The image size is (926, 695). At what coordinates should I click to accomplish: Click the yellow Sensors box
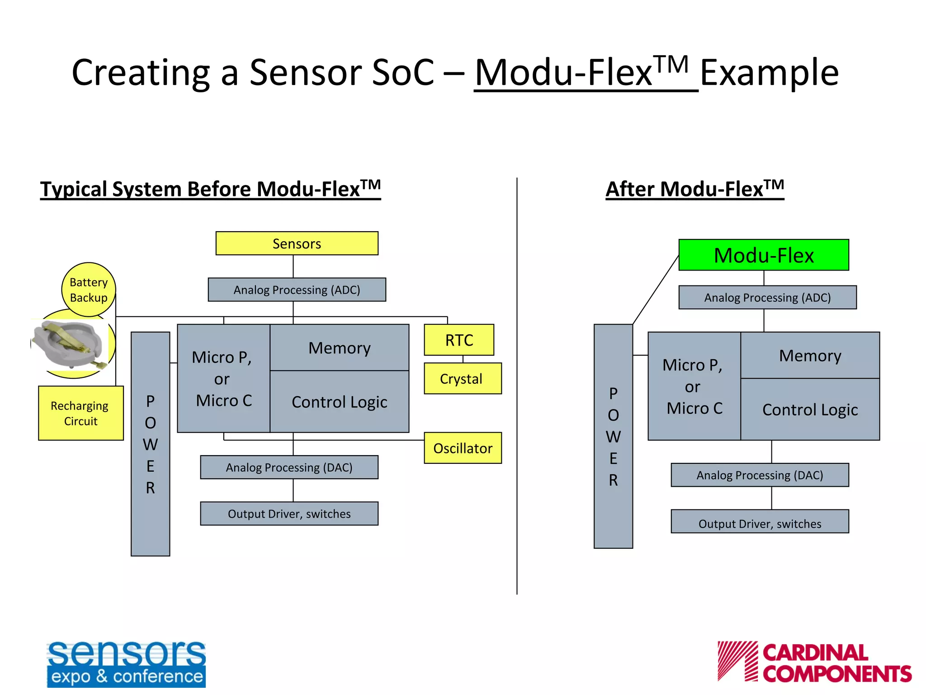[297, 243]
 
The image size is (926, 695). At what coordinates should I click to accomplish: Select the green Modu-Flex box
[763, 255]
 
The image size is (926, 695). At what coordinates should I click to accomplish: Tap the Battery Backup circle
[89, 290]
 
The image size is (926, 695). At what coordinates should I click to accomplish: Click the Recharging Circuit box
[80, 413]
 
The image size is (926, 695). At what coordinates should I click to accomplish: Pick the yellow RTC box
[458, 340]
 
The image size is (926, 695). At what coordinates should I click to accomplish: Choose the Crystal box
[462, 379]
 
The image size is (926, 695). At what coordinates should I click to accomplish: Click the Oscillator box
[462, 448]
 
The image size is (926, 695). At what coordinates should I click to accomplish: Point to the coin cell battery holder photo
[70, 344]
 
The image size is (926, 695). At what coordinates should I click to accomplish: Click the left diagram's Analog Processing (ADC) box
[297, 290]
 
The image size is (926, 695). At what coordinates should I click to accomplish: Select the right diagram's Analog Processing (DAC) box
[760, 475]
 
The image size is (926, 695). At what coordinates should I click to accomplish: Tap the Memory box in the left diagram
[339, 347]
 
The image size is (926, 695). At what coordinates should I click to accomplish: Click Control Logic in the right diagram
[810, 409]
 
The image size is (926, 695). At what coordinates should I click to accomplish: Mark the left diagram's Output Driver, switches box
[289, 514]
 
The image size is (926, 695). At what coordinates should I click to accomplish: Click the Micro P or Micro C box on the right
[694, 386]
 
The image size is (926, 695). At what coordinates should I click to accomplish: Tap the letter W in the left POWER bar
[150, 445]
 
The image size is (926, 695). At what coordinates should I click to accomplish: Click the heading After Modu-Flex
[694, 189]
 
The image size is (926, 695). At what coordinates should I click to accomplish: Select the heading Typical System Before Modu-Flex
[210, 189]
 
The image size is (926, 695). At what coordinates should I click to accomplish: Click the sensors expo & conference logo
[126, 663]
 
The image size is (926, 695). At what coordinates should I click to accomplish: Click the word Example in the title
[769, 72]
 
